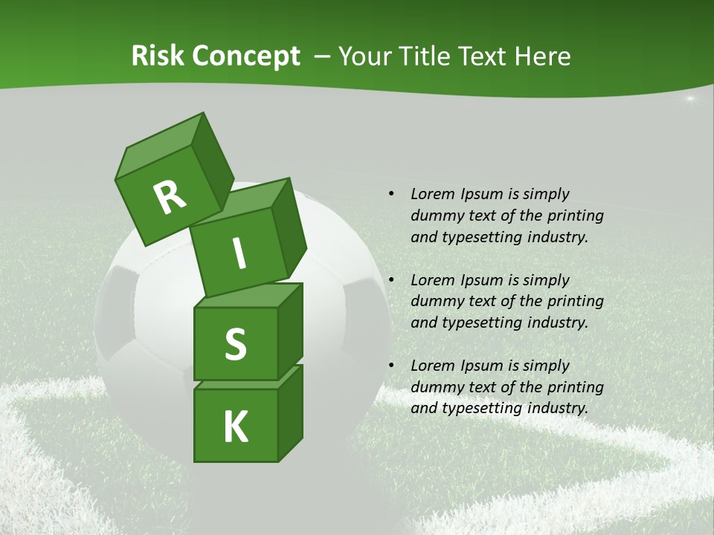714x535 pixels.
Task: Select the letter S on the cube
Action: tap(235, 344)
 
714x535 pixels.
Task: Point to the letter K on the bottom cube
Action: tap(235, 427)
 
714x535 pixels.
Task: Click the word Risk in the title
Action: tap(158, 56)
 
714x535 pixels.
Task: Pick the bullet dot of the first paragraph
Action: tap(391, 194)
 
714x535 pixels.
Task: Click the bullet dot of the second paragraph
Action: tap(391, 280)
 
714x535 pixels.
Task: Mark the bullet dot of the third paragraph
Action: tap(391, 366)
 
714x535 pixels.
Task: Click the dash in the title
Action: tap(324, 56)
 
